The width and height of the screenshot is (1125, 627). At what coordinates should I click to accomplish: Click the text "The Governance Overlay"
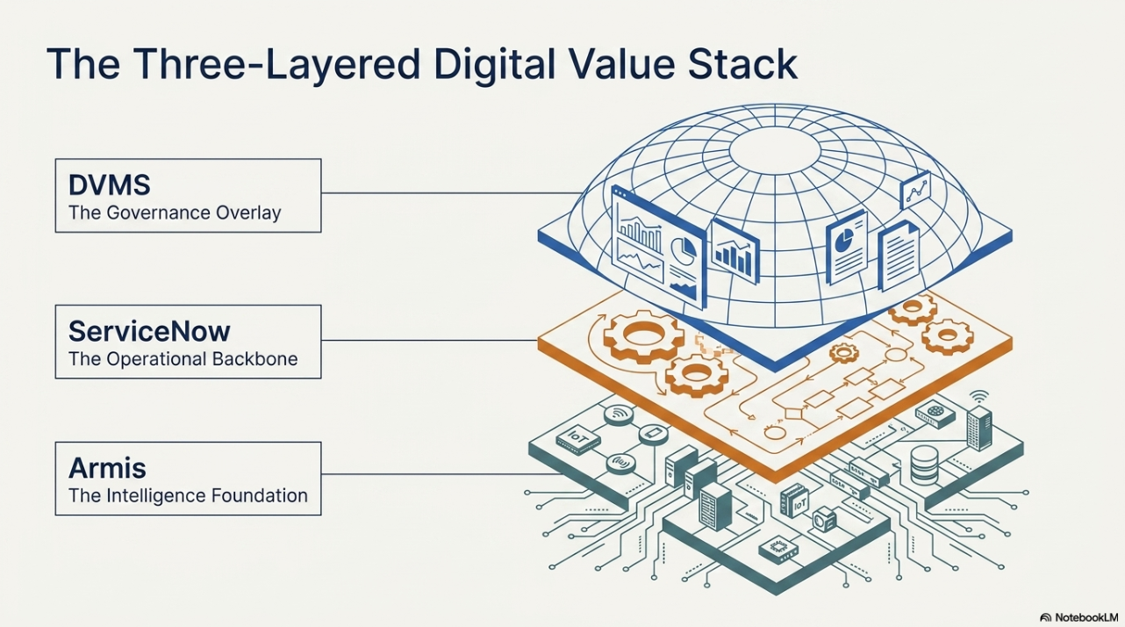tap(175, 213)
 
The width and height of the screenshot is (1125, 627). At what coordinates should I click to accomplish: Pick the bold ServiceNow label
tap(149, 331)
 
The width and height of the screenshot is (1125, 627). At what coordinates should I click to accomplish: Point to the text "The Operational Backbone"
tap(183, 359)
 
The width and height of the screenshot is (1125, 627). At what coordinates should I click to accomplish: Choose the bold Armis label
tap(107, 468)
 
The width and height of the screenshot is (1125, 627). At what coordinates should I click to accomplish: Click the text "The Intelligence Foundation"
tap(188, 496)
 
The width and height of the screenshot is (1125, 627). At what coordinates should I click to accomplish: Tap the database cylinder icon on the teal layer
tap(925, 465)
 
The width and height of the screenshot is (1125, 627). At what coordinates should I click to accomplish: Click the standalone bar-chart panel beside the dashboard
tap(734, 253)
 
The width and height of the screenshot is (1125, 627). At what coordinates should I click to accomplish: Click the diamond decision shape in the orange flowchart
tap(794, 414)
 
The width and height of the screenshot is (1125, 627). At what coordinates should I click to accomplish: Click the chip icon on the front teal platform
tap(777, 549)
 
